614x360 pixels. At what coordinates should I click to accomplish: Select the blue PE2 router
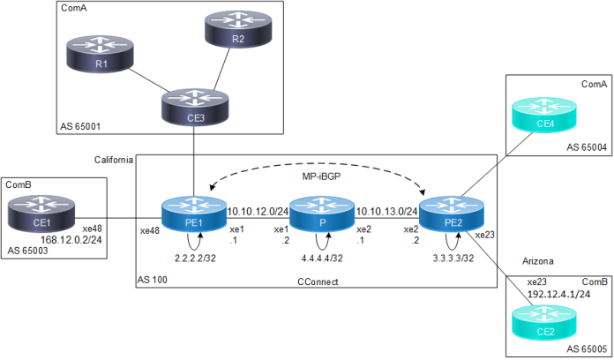click(x=451, y=215)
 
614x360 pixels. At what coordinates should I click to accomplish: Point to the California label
click(x=114, y=159)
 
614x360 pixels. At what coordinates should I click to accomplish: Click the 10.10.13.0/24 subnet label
click(x=382, y=212)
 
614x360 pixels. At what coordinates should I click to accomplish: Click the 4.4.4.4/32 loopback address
click(x=321, y=258)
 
